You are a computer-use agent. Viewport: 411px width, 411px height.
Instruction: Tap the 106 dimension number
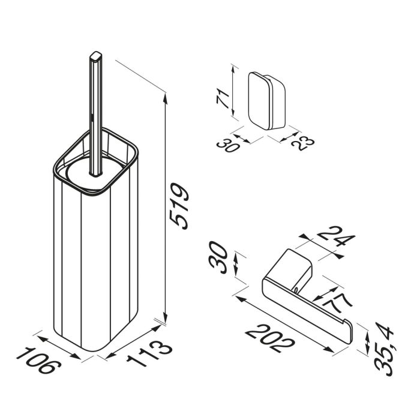(39, 360)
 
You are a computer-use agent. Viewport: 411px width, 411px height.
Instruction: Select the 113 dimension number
(149, 353)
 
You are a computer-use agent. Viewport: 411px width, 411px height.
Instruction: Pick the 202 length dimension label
(270, 339)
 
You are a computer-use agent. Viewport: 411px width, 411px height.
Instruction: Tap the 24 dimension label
(336, 237)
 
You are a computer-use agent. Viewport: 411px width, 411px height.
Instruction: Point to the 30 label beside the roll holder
(218, 258)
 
